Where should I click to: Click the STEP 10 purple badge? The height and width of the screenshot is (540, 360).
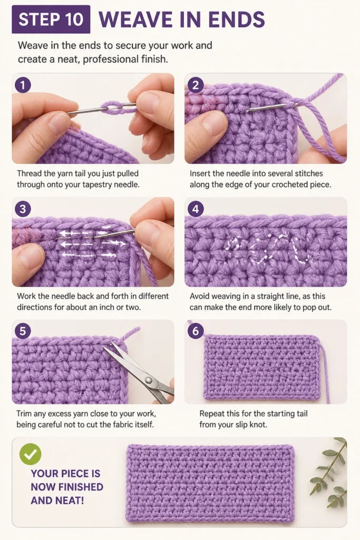tap(51, 20)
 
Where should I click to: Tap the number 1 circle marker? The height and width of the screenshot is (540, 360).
tap(23, 85)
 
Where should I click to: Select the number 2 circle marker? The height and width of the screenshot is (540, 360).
tap(196, 85)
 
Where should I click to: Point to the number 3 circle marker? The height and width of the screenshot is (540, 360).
tap(23, 209)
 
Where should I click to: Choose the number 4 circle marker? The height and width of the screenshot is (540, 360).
tap(196, 209)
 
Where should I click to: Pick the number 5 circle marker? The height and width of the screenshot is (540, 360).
tap(23, 331)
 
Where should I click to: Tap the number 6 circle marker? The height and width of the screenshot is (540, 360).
tap(196, 331)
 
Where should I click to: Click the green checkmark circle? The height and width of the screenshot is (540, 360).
tap(30, 454)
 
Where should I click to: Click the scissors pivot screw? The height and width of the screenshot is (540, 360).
tap(149, 380)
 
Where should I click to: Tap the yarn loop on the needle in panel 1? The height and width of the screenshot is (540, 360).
tap(114, 109)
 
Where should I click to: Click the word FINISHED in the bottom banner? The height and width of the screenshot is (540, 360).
tap(67, 487)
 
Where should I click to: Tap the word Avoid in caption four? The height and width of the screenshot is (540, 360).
tap(200, 296)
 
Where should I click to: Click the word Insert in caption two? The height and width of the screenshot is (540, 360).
tap(200, 173)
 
